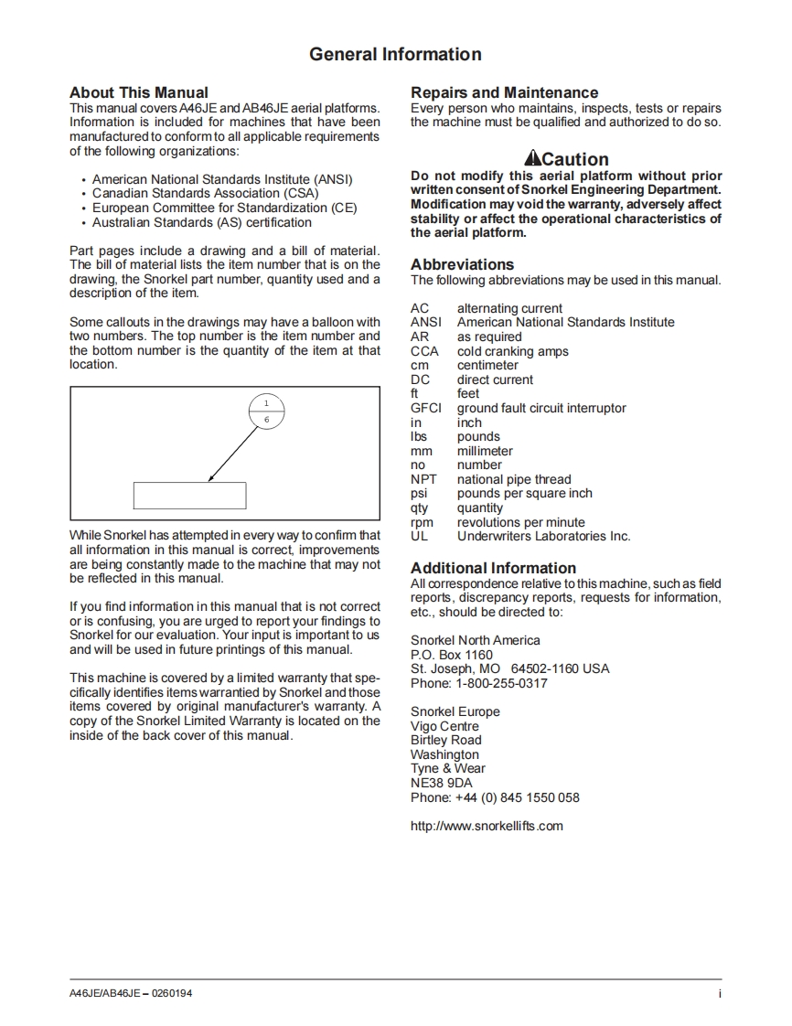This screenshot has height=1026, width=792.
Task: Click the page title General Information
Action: coord(395,55)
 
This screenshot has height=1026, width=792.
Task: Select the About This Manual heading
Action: coord(139,92)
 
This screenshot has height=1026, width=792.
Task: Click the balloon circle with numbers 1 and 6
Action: coord(267,411)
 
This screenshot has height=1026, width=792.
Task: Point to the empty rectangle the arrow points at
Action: coord(189,495)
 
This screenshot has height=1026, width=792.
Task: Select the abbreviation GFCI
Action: coord(425,408)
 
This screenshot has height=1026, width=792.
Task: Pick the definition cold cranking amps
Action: coord(512,351)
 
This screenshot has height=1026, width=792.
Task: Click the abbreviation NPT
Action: coord(423,479)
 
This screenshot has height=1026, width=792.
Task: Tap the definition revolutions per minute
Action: coord(520,522)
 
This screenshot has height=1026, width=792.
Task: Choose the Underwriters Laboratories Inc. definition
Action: coord(543,536)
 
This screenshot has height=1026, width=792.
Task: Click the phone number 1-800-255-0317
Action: coord(501,683)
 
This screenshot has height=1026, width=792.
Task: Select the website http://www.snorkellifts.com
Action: coord(487,826)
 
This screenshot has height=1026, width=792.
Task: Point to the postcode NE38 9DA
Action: coord(442,783)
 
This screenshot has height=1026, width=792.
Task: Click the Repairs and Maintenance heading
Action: coord(504,92)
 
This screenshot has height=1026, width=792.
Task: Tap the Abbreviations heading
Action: coord(462,264)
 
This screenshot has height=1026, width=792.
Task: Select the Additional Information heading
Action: coord(493,568)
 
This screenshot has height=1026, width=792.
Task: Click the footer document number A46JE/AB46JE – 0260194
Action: coord(131,994)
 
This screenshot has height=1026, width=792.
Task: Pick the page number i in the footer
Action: coord(720,994)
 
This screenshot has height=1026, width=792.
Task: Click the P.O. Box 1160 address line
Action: coord(452,655)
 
